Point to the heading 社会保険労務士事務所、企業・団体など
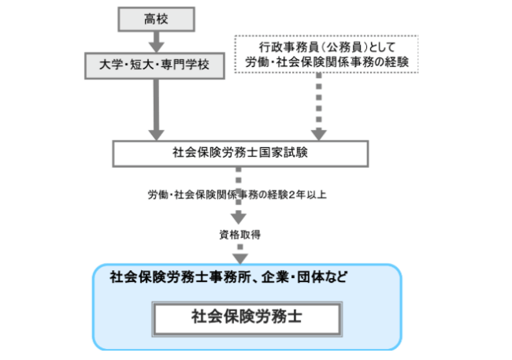point(228,277)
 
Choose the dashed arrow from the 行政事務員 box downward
point(319,106)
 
